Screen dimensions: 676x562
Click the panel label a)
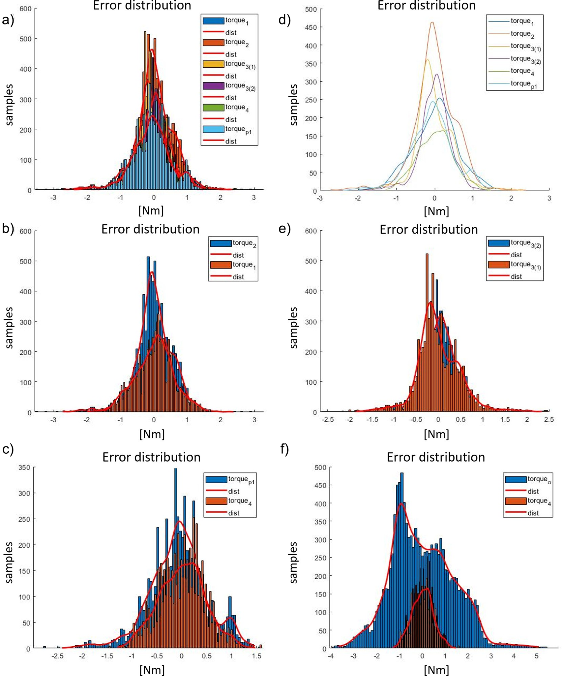click(x=8, y=20)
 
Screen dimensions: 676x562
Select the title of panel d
click(x=426, y=5)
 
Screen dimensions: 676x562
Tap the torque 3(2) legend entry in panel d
click(x=525, y=59)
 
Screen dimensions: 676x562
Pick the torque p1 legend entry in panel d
click(x=524, y=84)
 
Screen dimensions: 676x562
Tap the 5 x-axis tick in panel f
click(x=536, y=657)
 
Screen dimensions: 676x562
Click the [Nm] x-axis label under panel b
click(x=152, y=434)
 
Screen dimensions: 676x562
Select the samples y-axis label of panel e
click(x=293, y=327)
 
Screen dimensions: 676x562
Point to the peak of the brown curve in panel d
click(x=432, y=22)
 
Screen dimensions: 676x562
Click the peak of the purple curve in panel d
click(x=437, y=74)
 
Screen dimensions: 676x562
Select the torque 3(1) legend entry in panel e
click(x=525, y=265)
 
